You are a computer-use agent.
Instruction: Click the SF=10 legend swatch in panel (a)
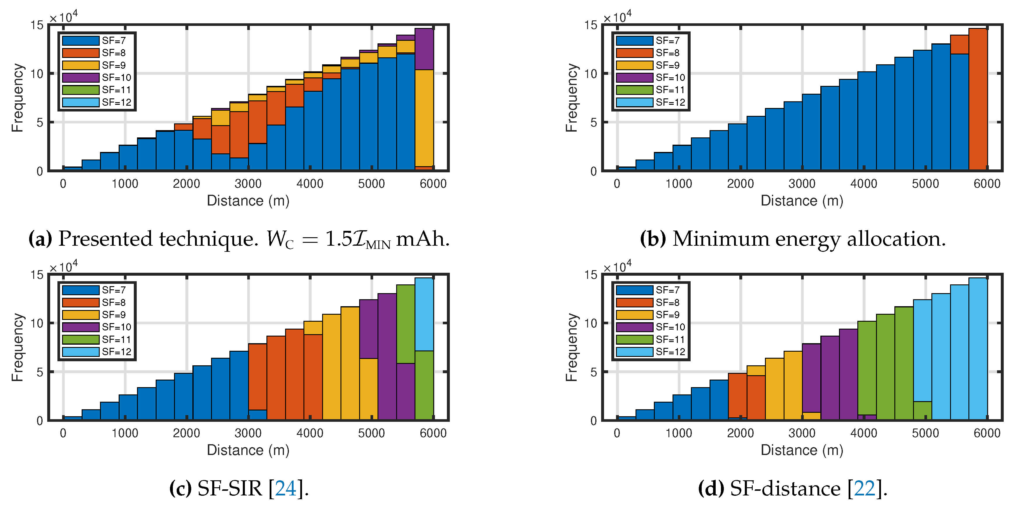coord(81,77)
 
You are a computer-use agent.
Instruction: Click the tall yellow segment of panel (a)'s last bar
coord(424,118)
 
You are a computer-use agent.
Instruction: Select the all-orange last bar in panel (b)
coord(978,99)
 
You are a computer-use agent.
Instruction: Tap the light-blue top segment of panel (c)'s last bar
coord(424,314)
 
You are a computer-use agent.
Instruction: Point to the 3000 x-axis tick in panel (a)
coord(248,184)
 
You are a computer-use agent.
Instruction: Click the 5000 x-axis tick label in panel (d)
coord(925,433)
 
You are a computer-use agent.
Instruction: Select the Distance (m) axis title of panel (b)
coord(802,201)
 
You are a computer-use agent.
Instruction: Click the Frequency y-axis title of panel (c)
coord(17,347)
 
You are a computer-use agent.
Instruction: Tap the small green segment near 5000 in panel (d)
coord(922,410)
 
